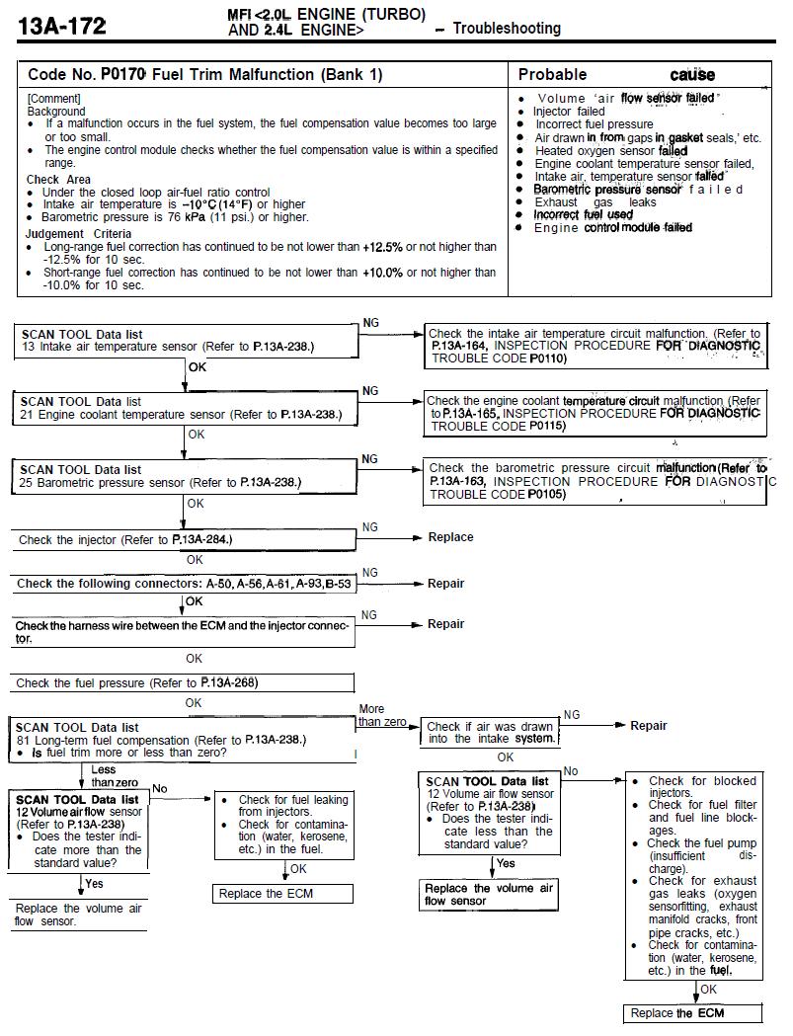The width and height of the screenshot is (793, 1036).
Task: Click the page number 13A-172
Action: [x=61, y=26]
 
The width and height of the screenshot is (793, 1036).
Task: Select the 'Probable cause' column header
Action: [x=616, y=75]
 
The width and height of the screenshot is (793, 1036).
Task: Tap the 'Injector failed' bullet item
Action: [x=569, y=112]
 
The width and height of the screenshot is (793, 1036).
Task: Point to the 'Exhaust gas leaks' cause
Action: [x=595, y=202]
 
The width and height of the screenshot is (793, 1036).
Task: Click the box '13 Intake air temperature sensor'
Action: [x=187, y=342]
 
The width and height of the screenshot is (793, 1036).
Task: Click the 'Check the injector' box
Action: [x=184, y=540]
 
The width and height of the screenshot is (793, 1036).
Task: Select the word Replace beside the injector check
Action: [x=450, y=537]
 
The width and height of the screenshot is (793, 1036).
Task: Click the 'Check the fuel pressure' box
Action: [x=184, y=682]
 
